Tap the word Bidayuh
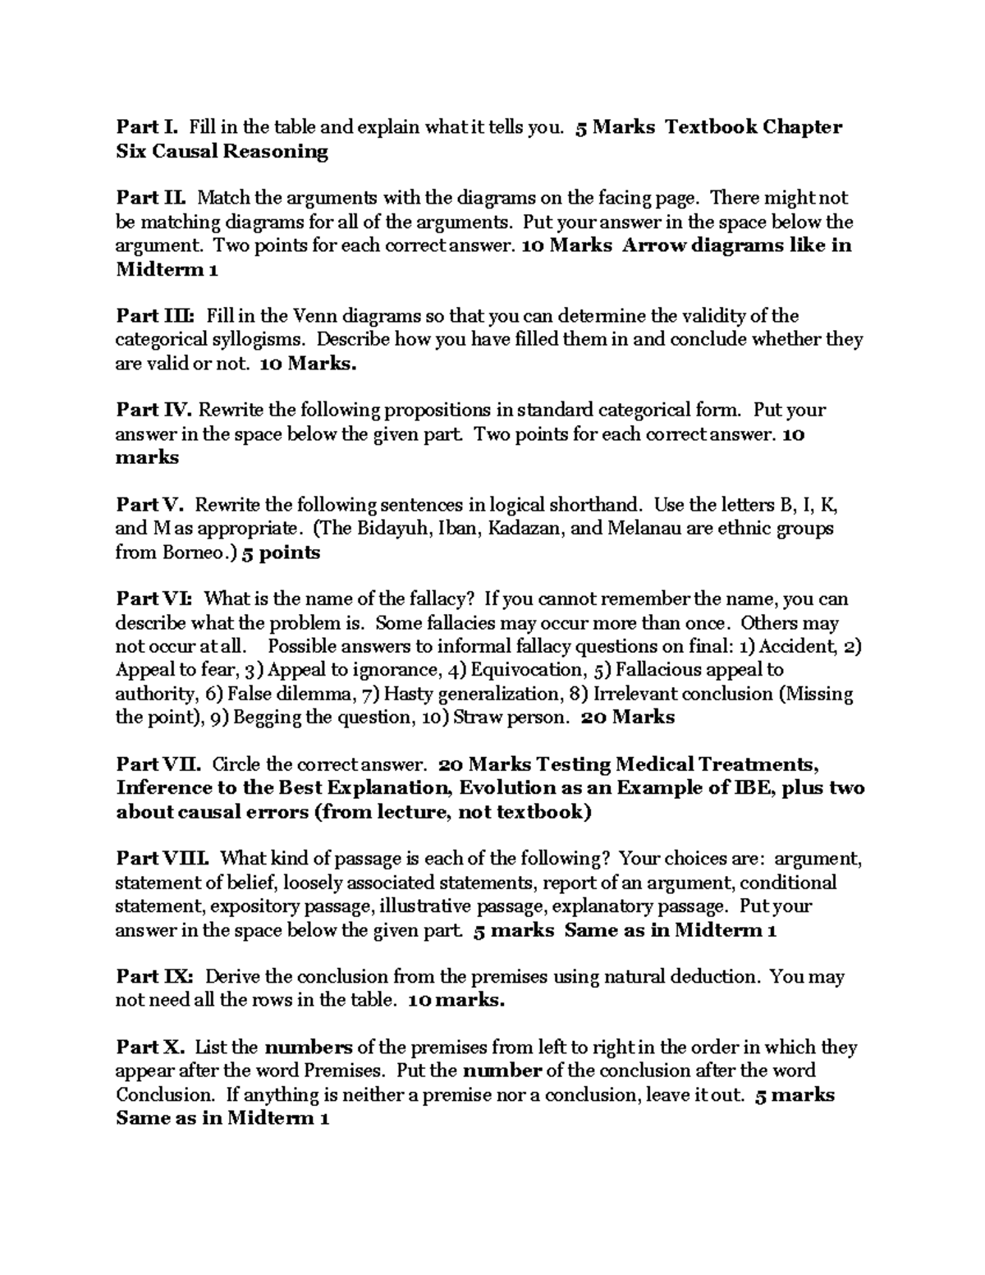387,529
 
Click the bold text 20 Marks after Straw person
628,718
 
